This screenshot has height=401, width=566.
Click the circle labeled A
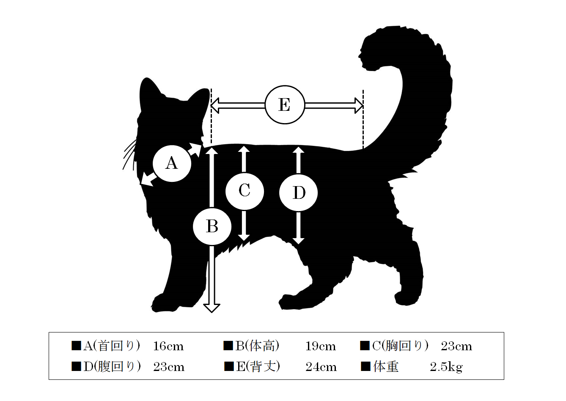tap(172, 163)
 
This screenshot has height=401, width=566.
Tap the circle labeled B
tap(212, 226)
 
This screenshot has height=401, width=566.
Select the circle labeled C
tap(245, 191)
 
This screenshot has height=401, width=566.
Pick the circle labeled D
tap(298, 192)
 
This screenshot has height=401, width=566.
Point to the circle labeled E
tap(285, 104)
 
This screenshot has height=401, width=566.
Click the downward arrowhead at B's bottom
tap(212, 308)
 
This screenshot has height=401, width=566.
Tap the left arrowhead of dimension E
tap(215, 106)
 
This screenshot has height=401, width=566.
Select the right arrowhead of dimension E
tap(359, 105)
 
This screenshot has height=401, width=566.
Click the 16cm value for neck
tap(168, 346)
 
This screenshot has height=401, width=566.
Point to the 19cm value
tap(320, 346)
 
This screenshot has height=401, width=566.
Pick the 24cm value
tap(321, 367)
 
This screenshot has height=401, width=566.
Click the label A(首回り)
tap(112, 346)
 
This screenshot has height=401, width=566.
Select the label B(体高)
tap(257, 346)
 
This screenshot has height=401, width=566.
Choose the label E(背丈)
tap(258, 367)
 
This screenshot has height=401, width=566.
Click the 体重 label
tap(386, 367)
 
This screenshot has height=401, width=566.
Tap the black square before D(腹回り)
tap(76, 366)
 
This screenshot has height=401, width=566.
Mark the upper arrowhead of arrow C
tap(244, 149)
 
